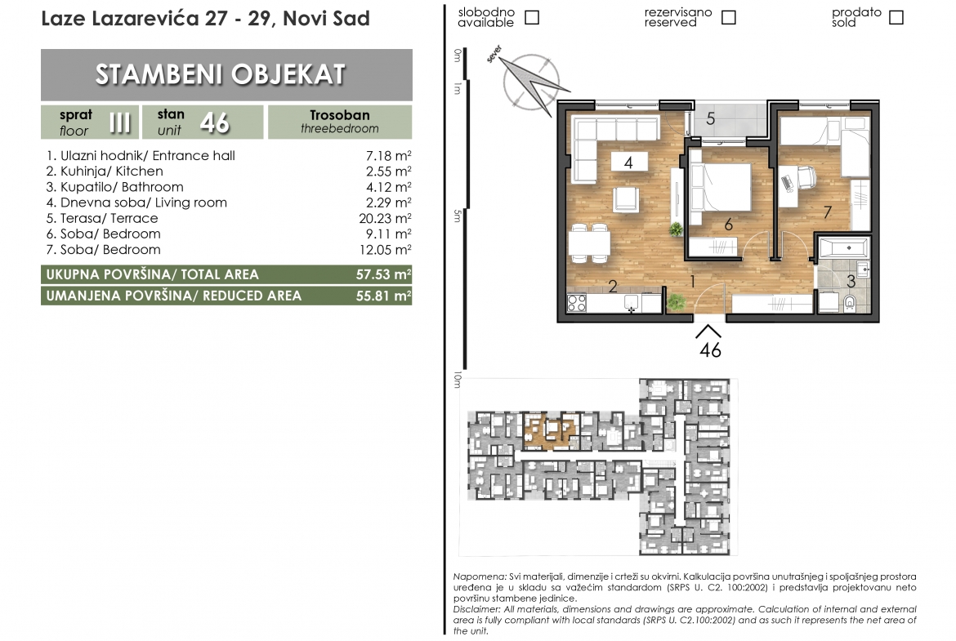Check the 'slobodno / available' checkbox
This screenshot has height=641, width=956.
pyautogui.click(x=532, y=18)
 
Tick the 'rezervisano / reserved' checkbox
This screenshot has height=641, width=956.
pyautogui.click(x=728, y=18)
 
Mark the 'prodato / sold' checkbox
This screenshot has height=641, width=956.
pyautogui.click(x=896, y=18)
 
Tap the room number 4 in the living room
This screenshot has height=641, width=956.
pyautogui.click(x=628, y=162)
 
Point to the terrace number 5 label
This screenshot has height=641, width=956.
pyautogui.click(x=710, y=119)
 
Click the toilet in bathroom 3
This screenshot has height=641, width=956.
pyautogui.click(x=849, y=301)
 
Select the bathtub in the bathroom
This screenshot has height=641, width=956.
pyautogui.click(x=844, y=248)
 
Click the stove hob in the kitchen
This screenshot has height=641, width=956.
pyautogui.click(x=577, y=302)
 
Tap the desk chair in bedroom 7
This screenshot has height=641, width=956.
pyautogui.click(x=802, y=179)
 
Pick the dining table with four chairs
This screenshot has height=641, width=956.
pyautogui.click(x=589, y=244)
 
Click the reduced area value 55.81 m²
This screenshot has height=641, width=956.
pyautogui.click(x=383, y=296)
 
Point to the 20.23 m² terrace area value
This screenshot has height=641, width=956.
pyautogui.click(x=385, y=218)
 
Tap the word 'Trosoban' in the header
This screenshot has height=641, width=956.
pyautogui.click(x=340, y=115)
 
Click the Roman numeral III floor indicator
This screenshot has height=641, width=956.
pyautogui.click(x=120, y=122)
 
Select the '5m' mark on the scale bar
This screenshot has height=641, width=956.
pyautogui.click(x=458, y=216)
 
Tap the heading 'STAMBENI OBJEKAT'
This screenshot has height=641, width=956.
pyautogui.click(x=220, y=74)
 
